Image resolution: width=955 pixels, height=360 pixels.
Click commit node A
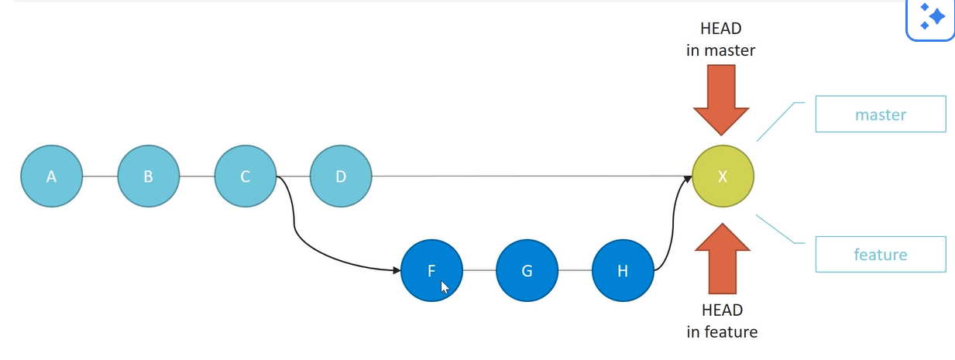click(52, 176)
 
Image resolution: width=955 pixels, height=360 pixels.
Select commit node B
click(149, 176)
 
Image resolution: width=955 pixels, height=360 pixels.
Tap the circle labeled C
click(246, 176)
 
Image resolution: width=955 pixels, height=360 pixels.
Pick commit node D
click(341, 176)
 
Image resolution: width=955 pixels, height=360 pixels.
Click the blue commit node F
click(431, 270)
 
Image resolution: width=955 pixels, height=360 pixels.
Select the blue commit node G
click(527, 270)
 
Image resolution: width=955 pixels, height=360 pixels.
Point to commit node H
click(623, 270)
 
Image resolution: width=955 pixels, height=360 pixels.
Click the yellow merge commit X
click(723, 176)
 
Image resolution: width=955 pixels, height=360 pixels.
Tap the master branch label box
click(881, 114)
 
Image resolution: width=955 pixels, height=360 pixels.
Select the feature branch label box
click(881, 255)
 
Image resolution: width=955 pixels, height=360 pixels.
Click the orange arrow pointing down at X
click(721, 100)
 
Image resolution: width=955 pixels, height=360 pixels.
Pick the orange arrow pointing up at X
click(722, 259)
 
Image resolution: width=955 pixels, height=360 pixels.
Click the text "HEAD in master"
click(721, 39)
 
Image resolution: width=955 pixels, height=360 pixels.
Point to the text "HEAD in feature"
click(722, 321)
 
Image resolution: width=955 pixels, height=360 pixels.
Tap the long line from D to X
click(531, 176)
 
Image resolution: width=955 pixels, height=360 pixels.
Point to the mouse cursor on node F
click(445, 287)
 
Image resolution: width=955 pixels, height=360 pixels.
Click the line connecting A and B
click(100, 176)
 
